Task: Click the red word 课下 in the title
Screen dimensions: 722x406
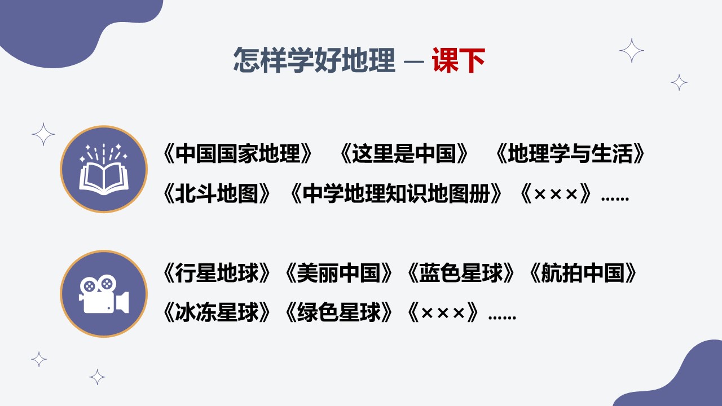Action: pyautogui.click(x=459, y=60)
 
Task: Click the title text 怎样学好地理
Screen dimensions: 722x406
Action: pyautogui.click(x=314, y=60)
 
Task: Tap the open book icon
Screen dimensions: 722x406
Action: pyautogui.click(x=104, y=169)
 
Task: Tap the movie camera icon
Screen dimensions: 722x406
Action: pyautogui.click(x=104, y=294)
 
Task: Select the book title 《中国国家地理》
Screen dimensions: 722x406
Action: pyautogui.click(x=238, y=153)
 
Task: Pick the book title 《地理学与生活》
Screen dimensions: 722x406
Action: pyautogui.click(x=570, y=153)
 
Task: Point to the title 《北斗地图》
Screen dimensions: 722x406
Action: pyautogui.click(x=217, y=193)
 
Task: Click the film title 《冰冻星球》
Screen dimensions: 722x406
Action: pyautogui.click(x=217, y=312)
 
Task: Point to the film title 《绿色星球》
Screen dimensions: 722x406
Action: pyautogui.click(x=338, y=312)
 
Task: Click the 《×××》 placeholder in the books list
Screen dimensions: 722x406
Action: pyautogui.click(x=556, y=193)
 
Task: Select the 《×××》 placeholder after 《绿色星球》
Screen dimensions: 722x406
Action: pyautogui.click(x=443, y=312)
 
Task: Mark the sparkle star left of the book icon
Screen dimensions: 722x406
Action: pyautogui.click(x=43, y=134)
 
